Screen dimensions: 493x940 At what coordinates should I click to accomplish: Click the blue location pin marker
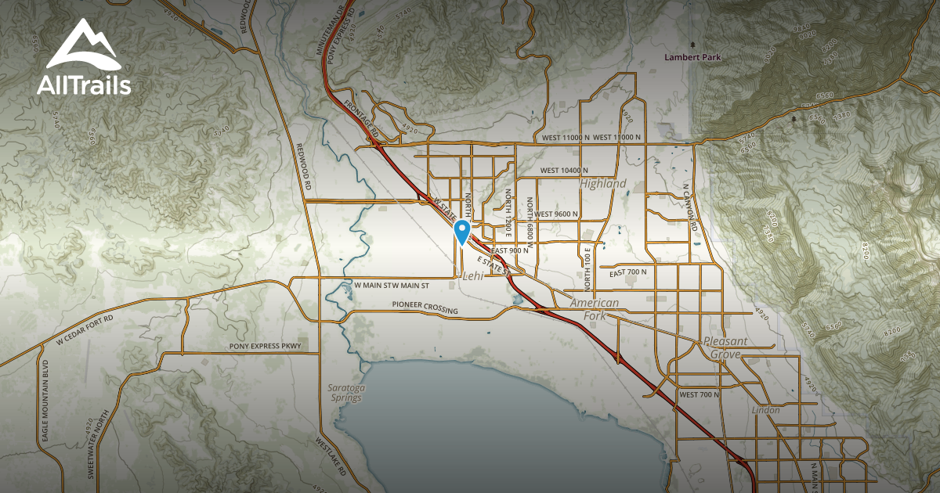coord(462,232)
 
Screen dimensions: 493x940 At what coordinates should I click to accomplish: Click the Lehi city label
coord(474,276)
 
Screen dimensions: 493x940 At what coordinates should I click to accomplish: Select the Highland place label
coord(603,183)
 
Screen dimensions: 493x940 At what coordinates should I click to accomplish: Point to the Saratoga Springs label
coord(345,393)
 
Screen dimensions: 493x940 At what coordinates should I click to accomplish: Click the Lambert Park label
coord(692,57)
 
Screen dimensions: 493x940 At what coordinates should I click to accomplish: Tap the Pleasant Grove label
coord(726,348)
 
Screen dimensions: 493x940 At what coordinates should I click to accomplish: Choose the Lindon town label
coord(765,410)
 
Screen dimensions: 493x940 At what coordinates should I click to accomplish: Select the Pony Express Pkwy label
coord(265,345)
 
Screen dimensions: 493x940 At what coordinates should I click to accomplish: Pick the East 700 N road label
coord(628,272)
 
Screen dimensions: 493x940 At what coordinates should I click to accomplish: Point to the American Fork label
coord(595,309)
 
